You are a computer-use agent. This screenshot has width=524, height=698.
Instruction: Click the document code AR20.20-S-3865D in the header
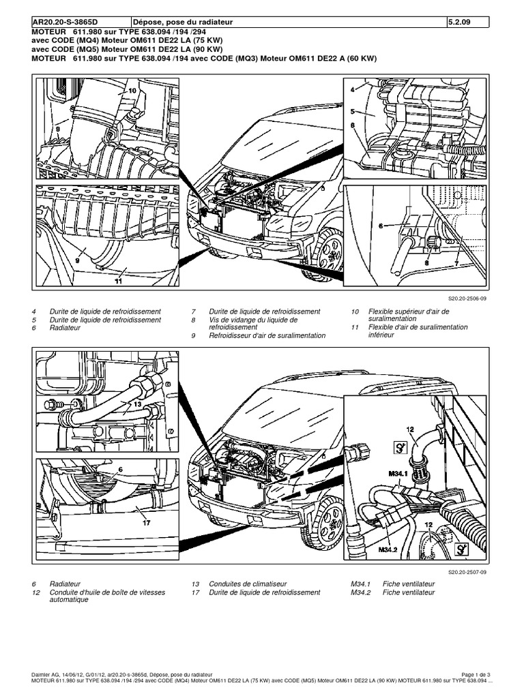(x=65, y=22)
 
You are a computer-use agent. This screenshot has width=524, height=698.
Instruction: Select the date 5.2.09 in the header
(x=458, y=22)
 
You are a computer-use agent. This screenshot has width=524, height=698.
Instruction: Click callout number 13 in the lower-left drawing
(x=137, y=404)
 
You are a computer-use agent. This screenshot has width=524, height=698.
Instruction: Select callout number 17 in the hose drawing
(x=146, y=523)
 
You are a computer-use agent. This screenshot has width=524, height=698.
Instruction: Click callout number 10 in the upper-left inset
(x=132, y=90)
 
